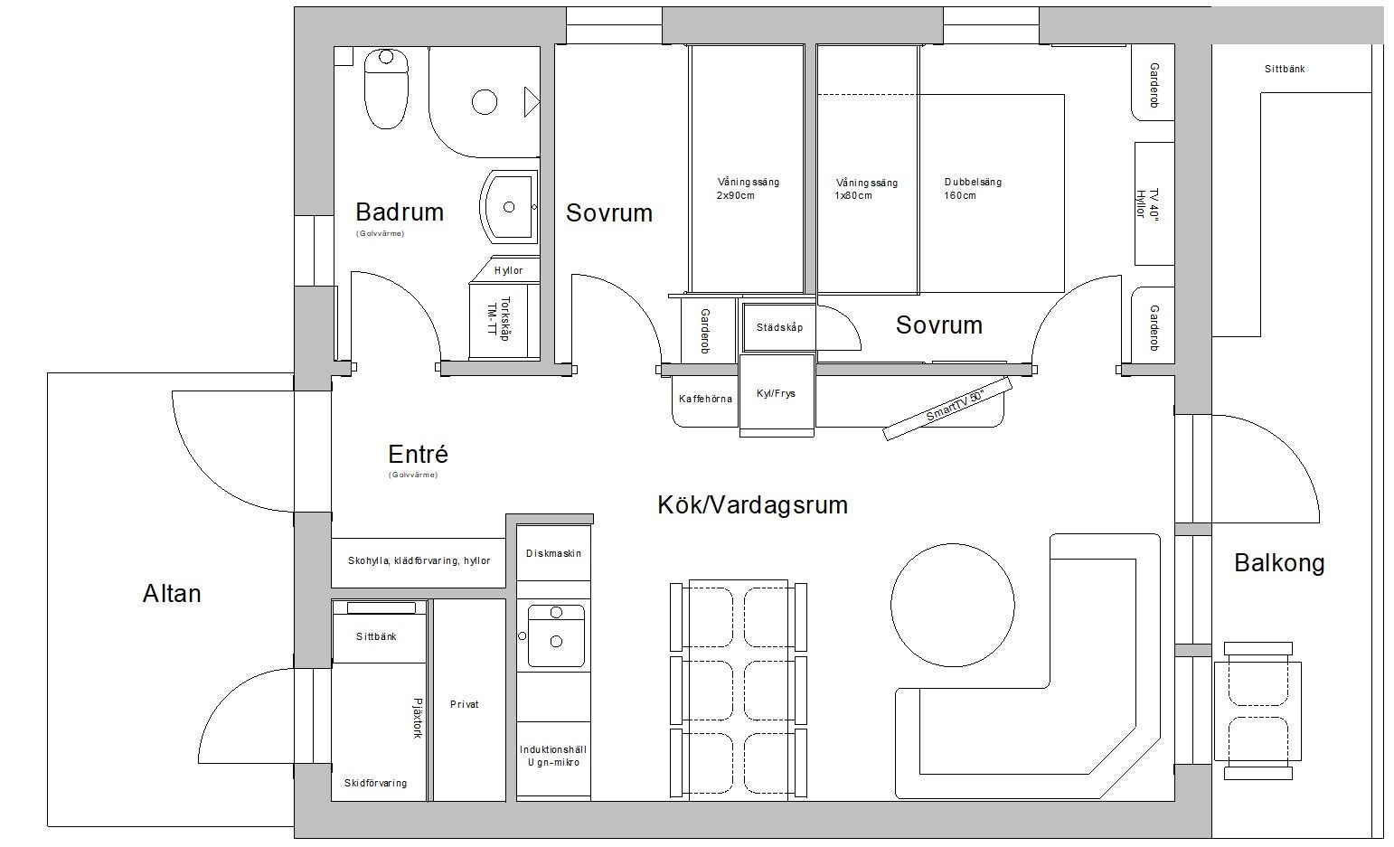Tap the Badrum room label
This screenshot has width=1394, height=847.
click(400, 212)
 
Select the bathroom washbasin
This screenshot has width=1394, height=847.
click(508, 207)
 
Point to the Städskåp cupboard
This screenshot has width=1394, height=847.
click(779, 327)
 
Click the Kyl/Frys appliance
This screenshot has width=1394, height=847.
click(777, 395)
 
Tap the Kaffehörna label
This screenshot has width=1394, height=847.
click(705, 399)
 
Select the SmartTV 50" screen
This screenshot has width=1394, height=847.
click(947, 409)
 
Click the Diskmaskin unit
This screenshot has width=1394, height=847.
click(553, 553)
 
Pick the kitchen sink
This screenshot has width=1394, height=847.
click(556, 635)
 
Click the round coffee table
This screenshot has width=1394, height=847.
click(952, 605)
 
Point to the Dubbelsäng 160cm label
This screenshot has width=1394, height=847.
click(973, 189)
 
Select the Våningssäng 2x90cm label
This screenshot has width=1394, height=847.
click(748, 189)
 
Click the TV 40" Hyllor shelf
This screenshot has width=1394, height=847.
click(1154, 204)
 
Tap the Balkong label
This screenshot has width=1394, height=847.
click(1279, 563)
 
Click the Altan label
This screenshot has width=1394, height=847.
click(172, 594)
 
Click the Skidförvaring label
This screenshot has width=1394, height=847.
click(375, 783)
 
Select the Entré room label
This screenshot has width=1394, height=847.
click(418, 455)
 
